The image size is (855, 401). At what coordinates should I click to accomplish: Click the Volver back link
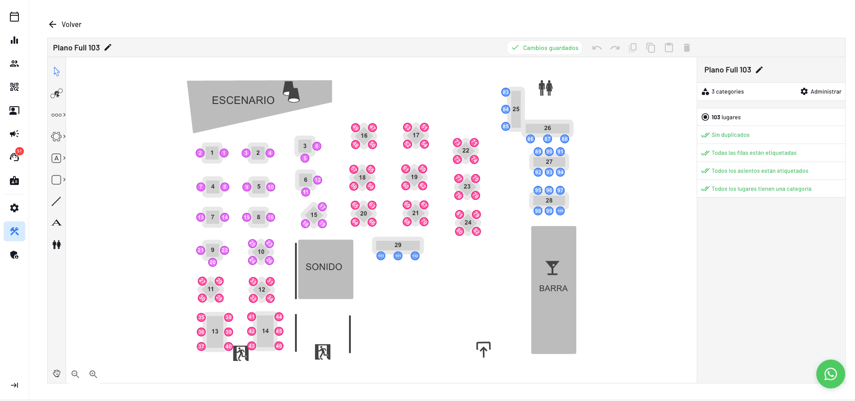click(x=66, y=24)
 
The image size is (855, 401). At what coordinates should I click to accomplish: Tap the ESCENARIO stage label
click(x=243, y=100)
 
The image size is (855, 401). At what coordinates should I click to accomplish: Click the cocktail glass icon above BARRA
click(x=552, y=268)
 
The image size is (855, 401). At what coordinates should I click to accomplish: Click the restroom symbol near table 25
click(x=545, y=88)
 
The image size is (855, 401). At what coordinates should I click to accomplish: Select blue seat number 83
click(x=506, y=92)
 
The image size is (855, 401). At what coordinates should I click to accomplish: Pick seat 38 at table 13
click(x=228, y=317)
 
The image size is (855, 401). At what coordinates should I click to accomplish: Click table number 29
click(x=398, y=245)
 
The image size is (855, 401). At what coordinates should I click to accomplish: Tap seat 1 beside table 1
click(x=224, y=153)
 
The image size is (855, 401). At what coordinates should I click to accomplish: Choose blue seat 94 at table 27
click(x=560, y=172)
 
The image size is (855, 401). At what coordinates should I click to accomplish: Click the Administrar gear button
click(x=820, y=91)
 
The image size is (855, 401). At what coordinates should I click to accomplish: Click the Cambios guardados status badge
click(x=545, y=48)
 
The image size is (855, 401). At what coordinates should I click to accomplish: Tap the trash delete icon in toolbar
click(x=686, y=48)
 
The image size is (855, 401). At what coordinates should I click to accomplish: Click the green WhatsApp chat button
click(x=830, y=374)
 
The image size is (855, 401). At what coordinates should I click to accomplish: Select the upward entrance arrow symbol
click(x=483, y=349)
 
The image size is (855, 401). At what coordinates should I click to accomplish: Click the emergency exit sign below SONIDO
click(x=322, y=351)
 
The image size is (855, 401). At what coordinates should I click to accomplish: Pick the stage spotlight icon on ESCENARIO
click(x=291, y=91)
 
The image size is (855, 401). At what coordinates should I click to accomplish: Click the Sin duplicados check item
click(x=730, y=135)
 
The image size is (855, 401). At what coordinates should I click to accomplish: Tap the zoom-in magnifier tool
click(x=93, y=374)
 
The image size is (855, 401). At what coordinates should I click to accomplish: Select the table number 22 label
click(x=466, y=151)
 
